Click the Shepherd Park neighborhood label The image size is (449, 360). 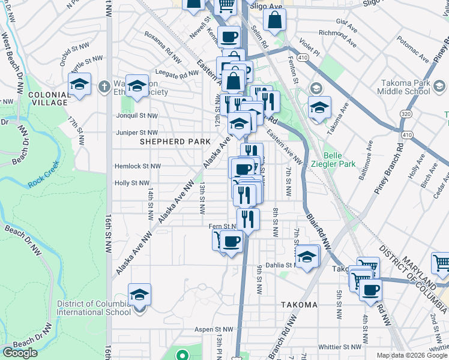[x=175, y=142]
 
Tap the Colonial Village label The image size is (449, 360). [x=48, y=98]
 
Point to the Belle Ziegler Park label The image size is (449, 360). [x=339, y=159]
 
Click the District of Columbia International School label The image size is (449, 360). [x=94, y=308]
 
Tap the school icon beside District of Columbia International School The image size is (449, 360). [x=139, y=295]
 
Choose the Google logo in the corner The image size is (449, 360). [x=20, y=352]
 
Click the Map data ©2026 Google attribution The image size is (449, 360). [x=412, y=355]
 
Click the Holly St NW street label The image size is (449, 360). [x=132, y=183]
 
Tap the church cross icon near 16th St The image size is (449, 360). [x=104, y=86]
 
